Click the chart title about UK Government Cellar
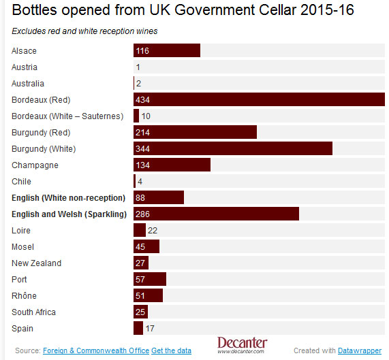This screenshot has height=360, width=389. [183, 12]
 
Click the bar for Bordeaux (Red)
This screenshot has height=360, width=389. [259, 100]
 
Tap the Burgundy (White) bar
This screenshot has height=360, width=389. [232, 149]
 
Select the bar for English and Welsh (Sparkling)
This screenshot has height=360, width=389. [216, 214]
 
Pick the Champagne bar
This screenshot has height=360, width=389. [172, 165]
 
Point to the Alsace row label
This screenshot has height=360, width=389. [25, 51]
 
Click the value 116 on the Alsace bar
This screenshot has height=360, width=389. [142, 51]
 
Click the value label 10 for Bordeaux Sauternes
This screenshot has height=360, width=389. [146, 116]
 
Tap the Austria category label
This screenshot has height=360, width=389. [25, 67]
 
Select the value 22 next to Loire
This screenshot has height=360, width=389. [153, 231]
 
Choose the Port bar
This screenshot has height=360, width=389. [150, 280]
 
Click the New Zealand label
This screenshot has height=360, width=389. [36, 263]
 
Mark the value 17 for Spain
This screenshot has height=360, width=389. [150, 329]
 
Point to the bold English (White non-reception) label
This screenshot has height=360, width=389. [69, 198]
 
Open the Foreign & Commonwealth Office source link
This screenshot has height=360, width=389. [95, 350]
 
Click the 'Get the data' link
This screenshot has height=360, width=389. [172, 350]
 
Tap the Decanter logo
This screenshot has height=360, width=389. [242, 345]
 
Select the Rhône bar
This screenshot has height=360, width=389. [148, 296]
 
